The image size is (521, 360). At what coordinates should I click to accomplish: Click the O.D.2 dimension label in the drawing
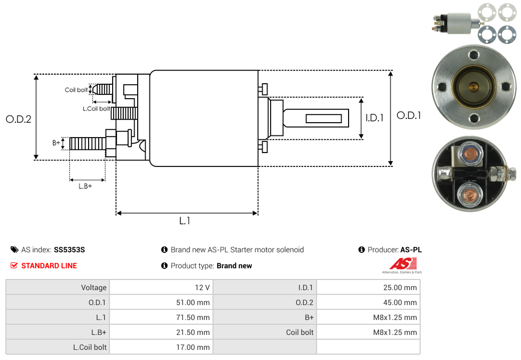coord(19,119)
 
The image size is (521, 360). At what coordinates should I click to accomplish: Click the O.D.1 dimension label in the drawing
coord(409,115)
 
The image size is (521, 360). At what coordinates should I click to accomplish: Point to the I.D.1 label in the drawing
coord(375,118)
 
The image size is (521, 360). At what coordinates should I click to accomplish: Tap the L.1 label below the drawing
coord(185,221)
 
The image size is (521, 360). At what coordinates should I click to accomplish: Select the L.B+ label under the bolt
coord(85,186)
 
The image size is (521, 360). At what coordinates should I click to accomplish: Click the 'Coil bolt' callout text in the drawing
coord(76,90)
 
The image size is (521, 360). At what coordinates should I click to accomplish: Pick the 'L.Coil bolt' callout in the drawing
coord(96,109)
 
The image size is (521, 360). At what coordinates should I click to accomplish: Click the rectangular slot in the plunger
coord(323,118)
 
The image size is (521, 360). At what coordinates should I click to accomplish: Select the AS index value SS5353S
coord(69,250)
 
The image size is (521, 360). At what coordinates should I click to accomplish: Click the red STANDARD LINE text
coord(49,266)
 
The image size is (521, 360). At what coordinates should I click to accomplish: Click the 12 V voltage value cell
coord(202,287)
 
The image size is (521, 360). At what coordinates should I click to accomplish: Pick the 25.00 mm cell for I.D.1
coord(400,287)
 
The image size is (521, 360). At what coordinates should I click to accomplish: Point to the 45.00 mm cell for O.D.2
coord(400,302)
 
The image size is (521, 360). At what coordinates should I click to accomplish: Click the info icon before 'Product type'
coord(164,266)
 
